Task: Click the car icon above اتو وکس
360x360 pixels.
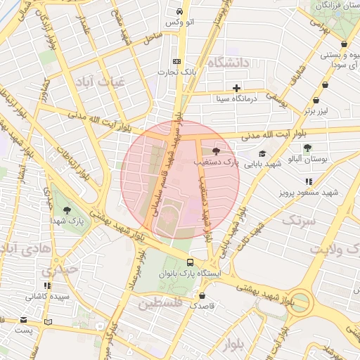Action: (180, 12)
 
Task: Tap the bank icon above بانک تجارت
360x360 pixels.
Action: (176, 61)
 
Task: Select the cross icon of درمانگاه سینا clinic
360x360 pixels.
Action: (237, 89)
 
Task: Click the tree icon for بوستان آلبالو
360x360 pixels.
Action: (307, 148)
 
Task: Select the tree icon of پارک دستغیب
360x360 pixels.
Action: (215, 150)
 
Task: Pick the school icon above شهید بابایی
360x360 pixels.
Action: (262, 153)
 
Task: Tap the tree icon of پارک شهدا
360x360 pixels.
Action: (67, 210)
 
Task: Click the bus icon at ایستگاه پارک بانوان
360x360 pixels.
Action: (190, 261)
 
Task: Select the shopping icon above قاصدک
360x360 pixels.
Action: (202, 296)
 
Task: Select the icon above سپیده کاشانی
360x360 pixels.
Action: (47, 285)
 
